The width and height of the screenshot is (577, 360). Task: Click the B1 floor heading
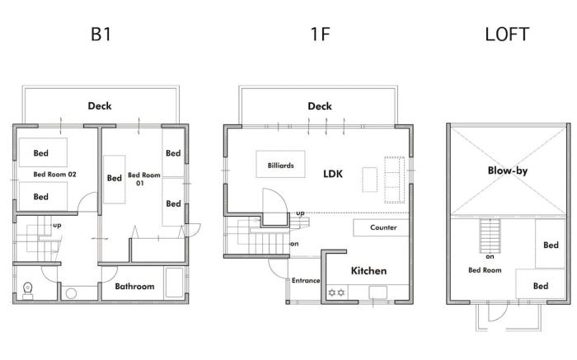[x=101, y=35]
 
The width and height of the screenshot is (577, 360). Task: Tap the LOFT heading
[x=507, y=35]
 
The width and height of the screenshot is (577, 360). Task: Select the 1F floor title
[x=320, y=35]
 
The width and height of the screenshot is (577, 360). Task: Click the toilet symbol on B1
[x=27, y=291]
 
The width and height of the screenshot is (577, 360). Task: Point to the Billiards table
[x=280, y=164]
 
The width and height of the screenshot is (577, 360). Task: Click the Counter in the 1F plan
[x=381, y=227]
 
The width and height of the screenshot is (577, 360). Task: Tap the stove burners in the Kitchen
[x=336, y=292]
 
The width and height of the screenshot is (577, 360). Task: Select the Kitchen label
[x=368, y=271]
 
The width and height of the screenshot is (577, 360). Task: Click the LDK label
[x=333, y=174]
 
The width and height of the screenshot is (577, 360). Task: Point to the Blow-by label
[x=508, y=171]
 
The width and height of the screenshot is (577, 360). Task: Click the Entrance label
[x=306, y=281]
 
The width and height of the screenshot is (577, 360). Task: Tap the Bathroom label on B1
[x=134, y=287]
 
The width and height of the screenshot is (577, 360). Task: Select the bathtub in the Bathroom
[x=174, y=283]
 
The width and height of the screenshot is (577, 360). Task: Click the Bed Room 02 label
[x=55, y=175]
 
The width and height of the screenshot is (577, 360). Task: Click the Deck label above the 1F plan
[x=320, y=106]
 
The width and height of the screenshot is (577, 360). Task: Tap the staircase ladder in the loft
[x=490, y=236]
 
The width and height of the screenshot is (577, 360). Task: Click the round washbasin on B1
[x=71, y=293]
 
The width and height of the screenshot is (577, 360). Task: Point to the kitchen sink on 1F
[x=378, y=292]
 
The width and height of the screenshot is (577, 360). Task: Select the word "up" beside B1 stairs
[x=57, y=225]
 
